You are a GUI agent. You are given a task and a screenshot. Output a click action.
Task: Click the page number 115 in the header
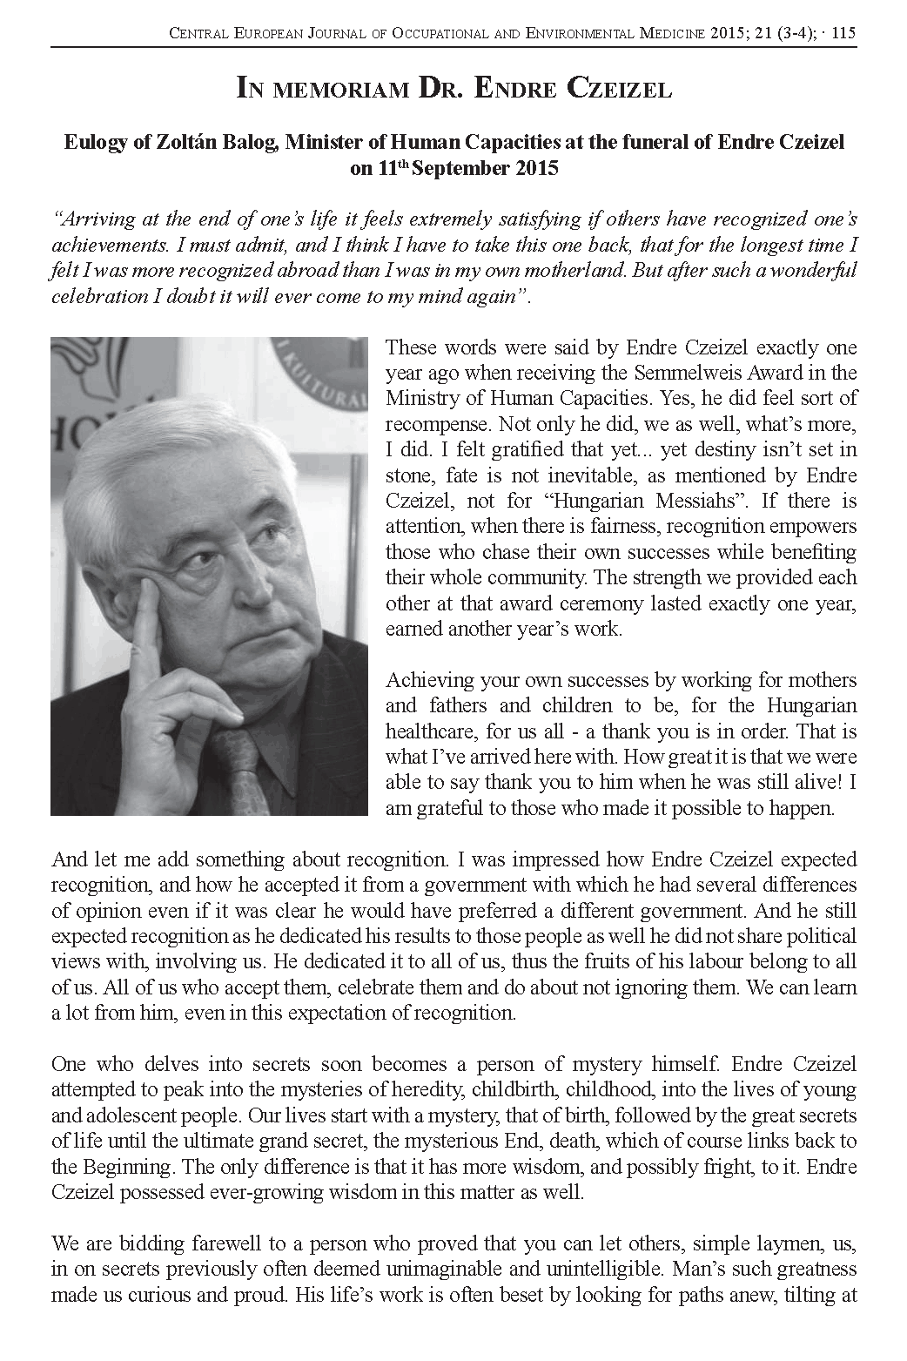(x=844, y=34)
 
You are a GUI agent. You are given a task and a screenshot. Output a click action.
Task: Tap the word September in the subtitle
(x=461, y=169)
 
